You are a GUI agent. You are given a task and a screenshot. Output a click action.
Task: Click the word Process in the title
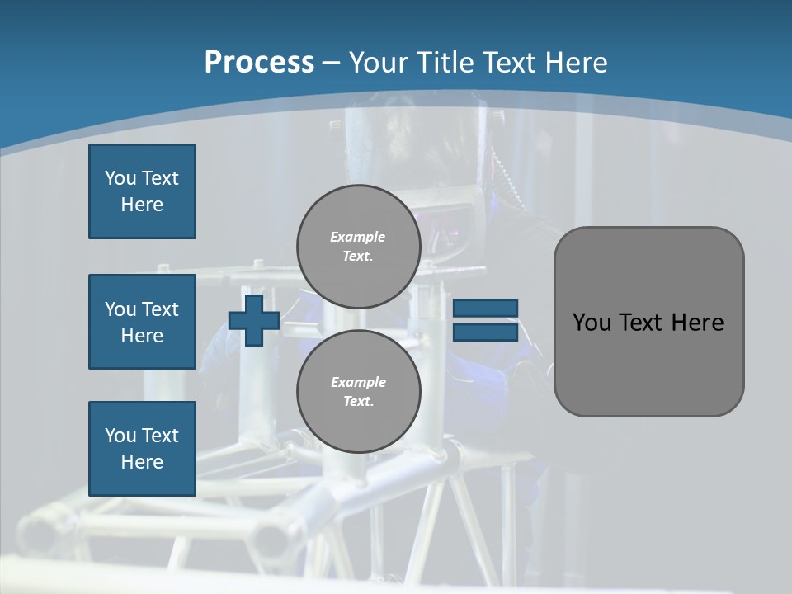click(x=259, y=63)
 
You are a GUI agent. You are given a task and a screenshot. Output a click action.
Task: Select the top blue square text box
click(x=142, y=191)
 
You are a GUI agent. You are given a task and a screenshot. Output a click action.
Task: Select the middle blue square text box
click(x=142, y=322)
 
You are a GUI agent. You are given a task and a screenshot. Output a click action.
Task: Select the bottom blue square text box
click(x=142, y=449)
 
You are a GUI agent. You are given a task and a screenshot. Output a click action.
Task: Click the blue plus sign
click(x=254, y=320)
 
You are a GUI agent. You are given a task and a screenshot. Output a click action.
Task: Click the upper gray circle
click(x=359, y=247)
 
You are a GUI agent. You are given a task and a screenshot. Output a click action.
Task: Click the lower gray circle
click(x=359, y=392)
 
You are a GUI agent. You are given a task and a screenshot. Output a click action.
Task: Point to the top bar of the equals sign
click(x=485, y=308)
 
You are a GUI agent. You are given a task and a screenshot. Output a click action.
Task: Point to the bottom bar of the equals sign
click(x=485, y=332)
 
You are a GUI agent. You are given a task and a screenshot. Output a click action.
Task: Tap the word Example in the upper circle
click(x=358, y=238)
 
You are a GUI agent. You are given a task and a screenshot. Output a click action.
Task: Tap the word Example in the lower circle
click(x=358, y=383)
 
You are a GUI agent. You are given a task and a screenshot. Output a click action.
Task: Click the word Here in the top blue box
click(x=142, y=205)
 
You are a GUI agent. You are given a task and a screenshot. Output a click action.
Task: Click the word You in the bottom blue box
click(x=119, y=436)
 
